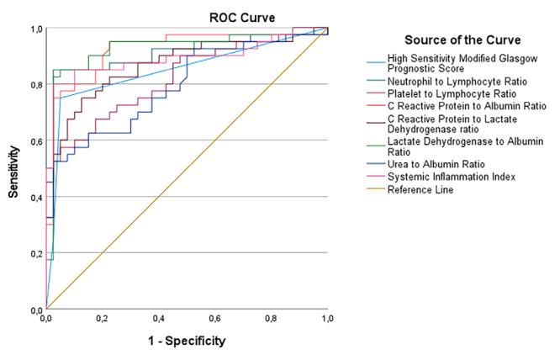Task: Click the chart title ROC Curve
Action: [x=242, y=17]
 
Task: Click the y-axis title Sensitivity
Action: [x=14, y=169]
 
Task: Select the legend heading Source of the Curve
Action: [x=462, y=40]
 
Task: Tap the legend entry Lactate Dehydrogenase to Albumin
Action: [x=466, y=141]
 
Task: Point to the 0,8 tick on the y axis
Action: [x=35, y=84]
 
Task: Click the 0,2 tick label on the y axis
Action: [x=35, y=253]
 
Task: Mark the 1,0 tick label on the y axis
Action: [x=35, y=29]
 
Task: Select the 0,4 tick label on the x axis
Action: [x=158, y=318]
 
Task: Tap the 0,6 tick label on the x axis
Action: [x=214, y=318]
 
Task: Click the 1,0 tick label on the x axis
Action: [x=327, y=318]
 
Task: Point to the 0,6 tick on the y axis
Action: [x=35, y=140]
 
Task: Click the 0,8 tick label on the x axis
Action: [x=271, y=318]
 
